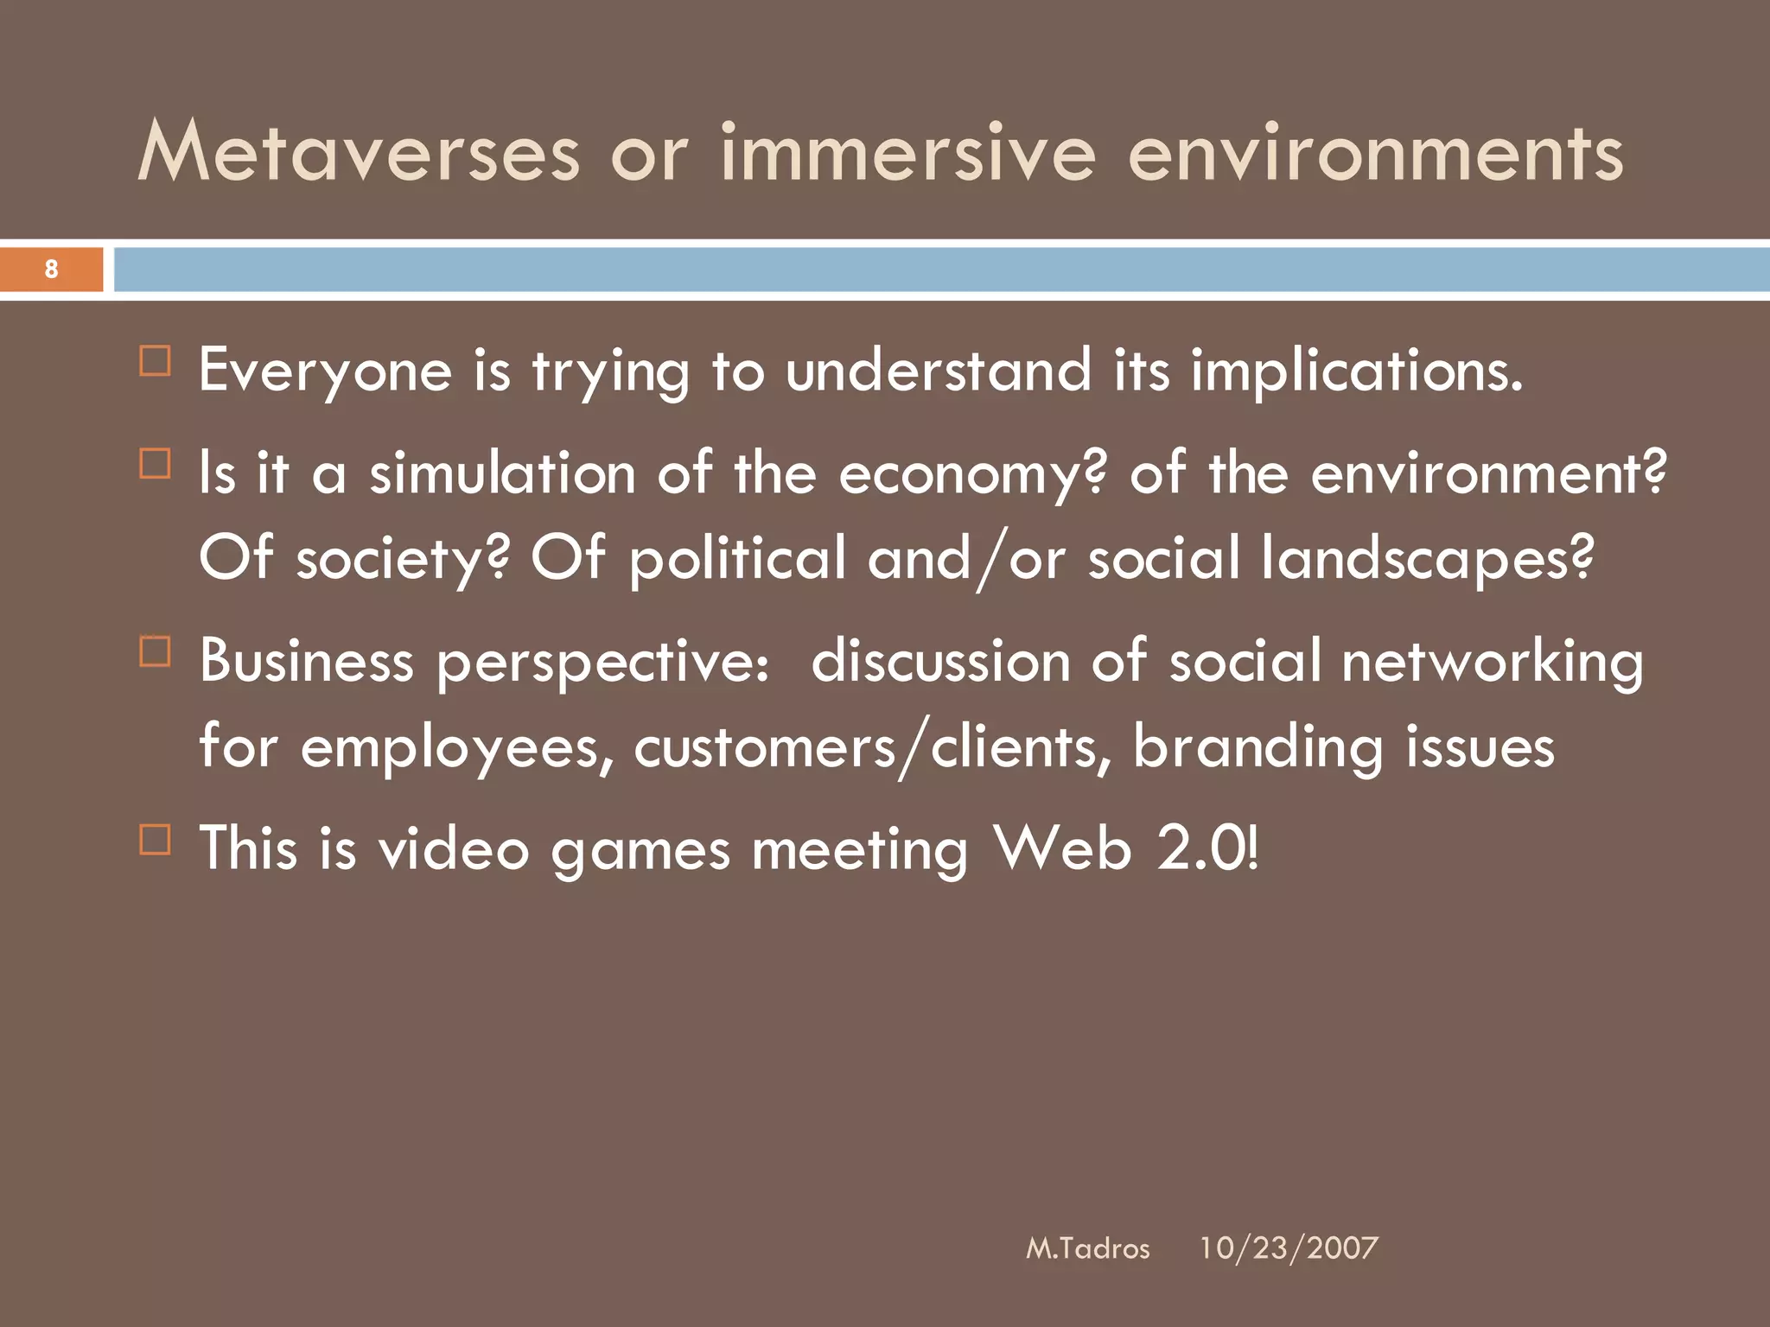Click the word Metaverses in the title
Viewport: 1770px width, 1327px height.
[359, 153]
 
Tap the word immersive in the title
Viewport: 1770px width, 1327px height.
[908, 153]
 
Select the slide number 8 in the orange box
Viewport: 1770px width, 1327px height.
[51, 269]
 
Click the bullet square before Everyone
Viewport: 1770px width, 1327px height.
[156, 360]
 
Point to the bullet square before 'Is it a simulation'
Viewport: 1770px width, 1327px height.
[156, 463]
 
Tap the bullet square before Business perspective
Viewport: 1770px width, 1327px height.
[156, 651]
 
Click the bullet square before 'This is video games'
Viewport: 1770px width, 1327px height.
[156, 839]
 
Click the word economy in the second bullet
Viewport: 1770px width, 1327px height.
[971, 475]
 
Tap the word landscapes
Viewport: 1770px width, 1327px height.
[1426, 560]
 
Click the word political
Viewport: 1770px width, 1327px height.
[737, 560]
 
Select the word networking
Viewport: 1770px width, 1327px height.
[1493, 662]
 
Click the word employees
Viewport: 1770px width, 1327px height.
[457, 748]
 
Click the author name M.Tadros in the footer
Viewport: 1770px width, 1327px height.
[1087, 1248]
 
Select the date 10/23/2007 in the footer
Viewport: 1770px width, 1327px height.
[1288, 1248]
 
